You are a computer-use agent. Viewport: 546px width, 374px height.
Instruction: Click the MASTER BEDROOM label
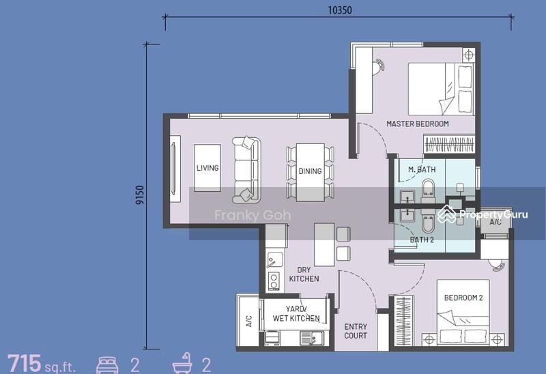[418, 124]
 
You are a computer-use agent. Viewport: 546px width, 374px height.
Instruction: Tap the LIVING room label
[207, 168]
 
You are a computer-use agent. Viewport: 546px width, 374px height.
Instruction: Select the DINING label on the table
[311, 171]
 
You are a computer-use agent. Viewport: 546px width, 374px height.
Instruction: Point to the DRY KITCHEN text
[304, 274]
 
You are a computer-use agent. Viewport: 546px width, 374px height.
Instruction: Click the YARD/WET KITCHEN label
[296, 313]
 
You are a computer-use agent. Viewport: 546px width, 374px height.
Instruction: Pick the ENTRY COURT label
[356, 331]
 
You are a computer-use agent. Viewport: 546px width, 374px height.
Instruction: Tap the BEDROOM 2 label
[463, 298]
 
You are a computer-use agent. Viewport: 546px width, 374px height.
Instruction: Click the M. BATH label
[422, 169]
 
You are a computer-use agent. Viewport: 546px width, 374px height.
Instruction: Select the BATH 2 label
[422, 240]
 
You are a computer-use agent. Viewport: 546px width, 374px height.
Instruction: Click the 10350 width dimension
[340, 10]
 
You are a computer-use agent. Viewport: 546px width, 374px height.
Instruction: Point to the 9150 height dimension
[140, 195]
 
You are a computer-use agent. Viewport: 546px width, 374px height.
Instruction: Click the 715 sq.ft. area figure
[41, 363]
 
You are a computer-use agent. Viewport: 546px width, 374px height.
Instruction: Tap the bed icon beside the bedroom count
[107, 364]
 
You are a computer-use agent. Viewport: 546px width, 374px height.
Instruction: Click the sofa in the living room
[246, 170]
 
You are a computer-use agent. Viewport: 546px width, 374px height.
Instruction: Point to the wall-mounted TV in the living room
[175, 168]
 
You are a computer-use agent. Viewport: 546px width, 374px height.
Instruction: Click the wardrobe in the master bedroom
[449, 144]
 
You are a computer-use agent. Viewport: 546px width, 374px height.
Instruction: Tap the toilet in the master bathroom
[428, 191]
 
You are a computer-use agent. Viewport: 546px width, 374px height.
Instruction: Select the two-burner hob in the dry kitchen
[274, 280]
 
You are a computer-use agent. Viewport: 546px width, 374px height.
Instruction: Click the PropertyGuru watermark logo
[483, 214]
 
